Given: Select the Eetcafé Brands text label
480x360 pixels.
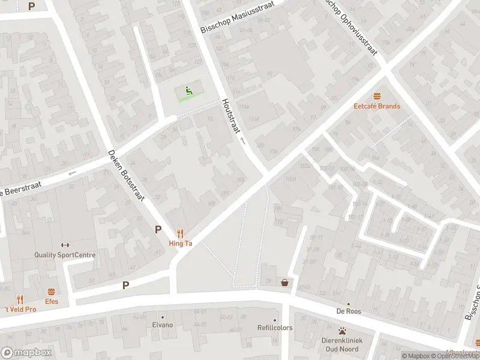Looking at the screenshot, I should [377, 106].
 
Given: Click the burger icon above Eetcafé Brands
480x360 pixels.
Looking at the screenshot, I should [377, 96].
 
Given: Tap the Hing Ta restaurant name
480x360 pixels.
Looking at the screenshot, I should [180, 244].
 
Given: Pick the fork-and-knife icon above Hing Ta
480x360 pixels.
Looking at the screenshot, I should [180, 233].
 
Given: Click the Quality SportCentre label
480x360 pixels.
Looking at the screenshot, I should [65, 255].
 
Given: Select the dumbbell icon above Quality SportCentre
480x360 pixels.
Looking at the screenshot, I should [65, 245].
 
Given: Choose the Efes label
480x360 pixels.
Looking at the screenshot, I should [52, 302].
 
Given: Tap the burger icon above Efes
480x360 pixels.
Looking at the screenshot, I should [52, 292].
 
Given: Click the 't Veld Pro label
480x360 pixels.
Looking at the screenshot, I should [20, 309].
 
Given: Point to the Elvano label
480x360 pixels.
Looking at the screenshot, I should [162, 325].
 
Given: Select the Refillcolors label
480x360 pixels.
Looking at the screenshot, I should [275, 328].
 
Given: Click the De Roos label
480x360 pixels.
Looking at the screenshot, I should [348, 311].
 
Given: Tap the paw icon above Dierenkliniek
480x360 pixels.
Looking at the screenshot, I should [342, 331].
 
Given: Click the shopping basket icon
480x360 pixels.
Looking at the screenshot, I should [284, 282].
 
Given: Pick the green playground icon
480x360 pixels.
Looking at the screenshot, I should [189, 91].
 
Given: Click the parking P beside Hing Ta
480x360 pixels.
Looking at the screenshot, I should [158, 229].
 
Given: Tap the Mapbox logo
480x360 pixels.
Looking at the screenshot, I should [26, 353].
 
